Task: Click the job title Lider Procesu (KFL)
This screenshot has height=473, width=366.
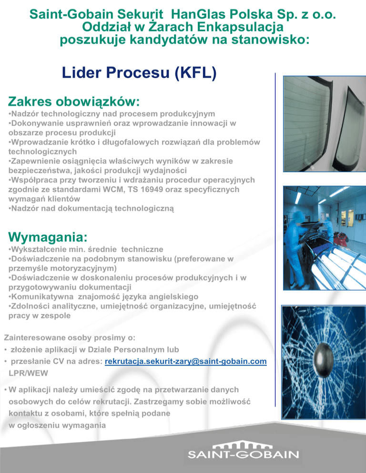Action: click(x=139, y=73)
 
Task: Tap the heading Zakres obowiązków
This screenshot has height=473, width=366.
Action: click(x=74, y=101)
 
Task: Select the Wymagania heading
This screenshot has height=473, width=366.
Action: click(x=48, y=237)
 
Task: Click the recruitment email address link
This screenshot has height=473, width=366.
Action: click(x=185, y=361)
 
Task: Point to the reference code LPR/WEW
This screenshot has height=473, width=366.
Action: click(x=29, y=373)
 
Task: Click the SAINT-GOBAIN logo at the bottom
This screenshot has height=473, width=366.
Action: click(x=244, y=451)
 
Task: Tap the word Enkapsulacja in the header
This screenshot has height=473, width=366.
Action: click(x=241, y=27)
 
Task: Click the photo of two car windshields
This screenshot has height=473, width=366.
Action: click(x=324, y=124)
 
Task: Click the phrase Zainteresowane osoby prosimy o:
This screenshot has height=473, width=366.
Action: click(x=70, y=338)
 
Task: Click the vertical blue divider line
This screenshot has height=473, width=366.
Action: click(x=275, y=240)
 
